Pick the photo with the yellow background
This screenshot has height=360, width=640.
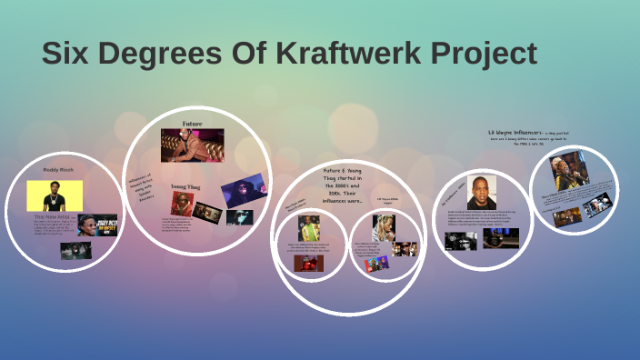55,195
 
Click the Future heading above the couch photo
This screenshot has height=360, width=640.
192,123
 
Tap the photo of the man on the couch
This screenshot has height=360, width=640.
192,145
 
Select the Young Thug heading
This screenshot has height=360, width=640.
187,186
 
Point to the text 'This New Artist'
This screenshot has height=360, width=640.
53,217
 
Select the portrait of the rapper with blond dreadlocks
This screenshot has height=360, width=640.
383,227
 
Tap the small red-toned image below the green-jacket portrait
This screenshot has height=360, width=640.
308,264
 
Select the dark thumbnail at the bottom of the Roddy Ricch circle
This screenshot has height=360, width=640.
75,251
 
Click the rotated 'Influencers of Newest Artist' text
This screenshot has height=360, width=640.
140,187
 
